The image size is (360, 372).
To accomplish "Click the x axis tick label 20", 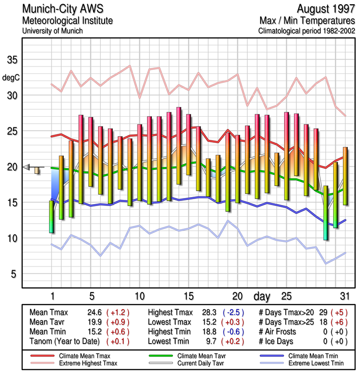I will pyautogui.click(x=237, y=296).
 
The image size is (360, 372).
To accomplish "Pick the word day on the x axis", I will pyautogui.click(x=263, y=296).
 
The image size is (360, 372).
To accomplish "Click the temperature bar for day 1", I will pyautogui.click(x=52, y=216).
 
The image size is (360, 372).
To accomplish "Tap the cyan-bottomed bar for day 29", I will pyautogui.click(x=326, y=213).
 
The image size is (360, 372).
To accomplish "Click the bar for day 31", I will pyautogui.click(x=345, y=176).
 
